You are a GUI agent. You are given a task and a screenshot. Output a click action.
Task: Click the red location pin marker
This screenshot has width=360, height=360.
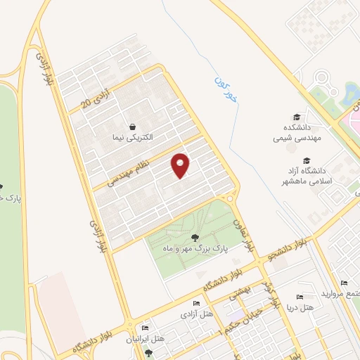coord(181,165)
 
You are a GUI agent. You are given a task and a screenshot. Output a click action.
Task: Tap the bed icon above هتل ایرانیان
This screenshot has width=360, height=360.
coord(146,328)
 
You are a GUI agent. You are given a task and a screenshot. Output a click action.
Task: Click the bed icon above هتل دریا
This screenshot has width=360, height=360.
coord(300,297)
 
